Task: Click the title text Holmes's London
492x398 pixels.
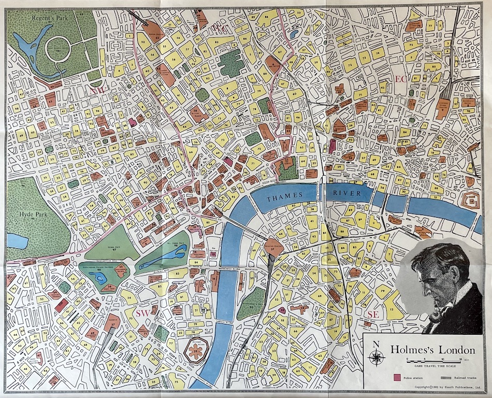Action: pos(430,350)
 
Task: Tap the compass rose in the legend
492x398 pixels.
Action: pos(377,357)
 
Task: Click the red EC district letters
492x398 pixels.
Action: pos(401,79)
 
